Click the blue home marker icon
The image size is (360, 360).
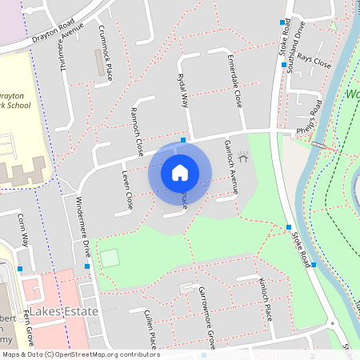(180, 172)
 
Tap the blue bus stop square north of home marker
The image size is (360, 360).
(184, 139)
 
